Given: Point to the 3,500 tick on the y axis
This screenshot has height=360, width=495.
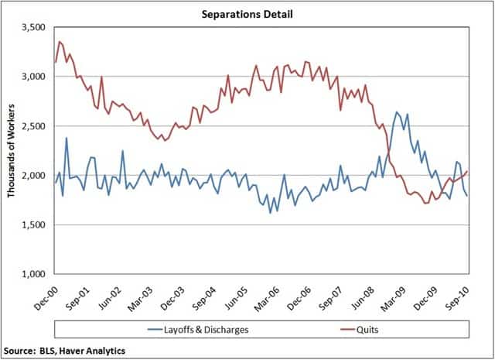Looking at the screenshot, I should tap(32, 27).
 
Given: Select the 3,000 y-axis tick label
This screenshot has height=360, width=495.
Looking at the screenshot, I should tap(32, 77).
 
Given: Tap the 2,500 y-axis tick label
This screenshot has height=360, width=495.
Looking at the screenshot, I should tap(32, 126).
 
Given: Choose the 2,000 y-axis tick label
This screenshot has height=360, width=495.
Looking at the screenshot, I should tap(32, 176).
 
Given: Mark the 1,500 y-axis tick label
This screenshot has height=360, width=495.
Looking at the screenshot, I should tap(32, 225).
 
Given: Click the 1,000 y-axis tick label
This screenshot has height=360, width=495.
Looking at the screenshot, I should tap(32, 275).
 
